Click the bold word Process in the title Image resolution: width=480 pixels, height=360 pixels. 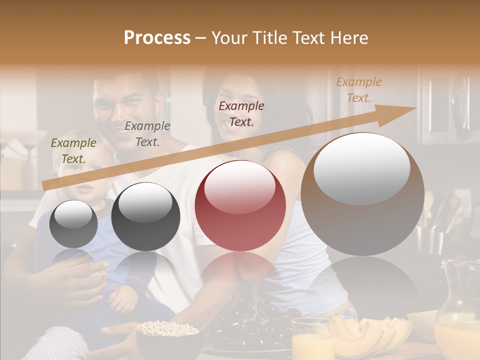(157, 38)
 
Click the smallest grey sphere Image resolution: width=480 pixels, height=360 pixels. (73, 224)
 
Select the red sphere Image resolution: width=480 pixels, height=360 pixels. (240, 206)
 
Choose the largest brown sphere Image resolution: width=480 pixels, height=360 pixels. (362, 195)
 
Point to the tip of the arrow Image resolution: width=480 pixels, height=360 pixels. (415, 108)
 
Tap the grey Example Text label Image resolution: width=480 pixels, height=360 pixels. (147, 134)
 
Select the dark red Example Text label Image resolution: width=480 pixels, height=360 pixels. (241, 113)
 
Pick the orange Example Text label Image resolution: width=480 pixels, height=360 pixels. (358, 90)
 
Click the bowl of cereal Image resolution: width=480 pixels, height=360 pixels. (167, 332)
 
